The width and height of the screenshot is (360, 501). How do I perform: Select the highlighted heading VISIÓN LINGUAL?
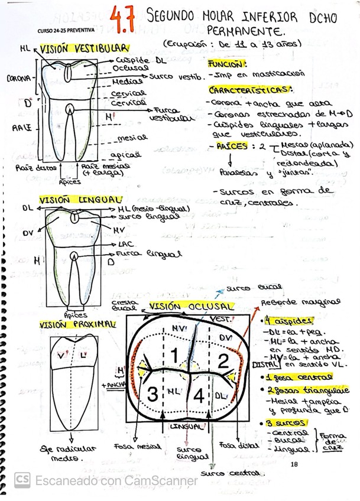[x=73, y=201]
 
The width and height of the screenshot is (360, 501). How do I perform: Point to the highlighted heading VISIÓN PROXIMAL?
[x=77, y=325]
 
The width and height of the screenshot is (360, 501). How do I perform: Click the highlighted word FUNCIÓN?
[x=228, y=63]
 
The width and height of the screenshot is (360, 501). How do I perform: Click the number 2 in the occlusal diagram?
[x=223, y=359]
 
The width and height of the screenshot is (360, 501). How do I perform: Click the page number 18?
[x=294, y=465]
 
